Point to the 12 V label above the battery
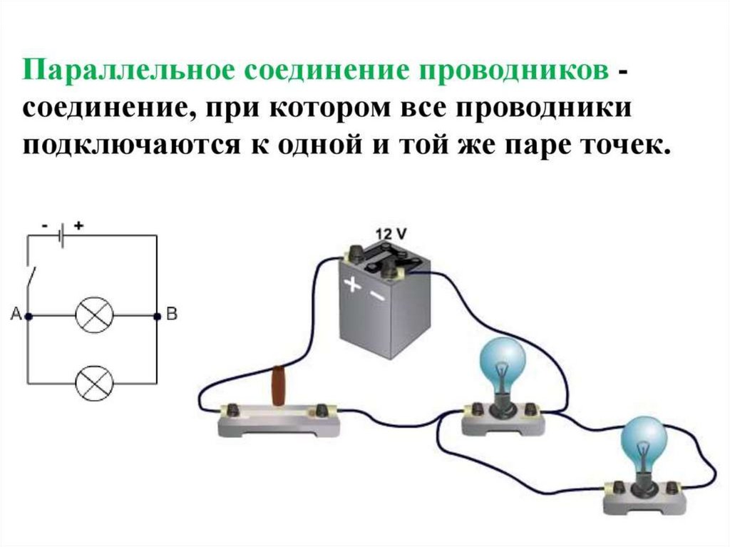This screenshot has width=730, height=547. [391, 234]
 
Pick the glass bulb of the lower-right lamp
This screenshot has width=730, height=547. [644, 443]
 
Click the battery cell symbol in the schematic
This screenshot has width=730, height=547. [62, 235]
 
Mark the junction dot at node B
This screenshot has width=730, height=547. [157, 315]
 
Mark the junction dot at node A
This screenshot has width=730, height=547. [28, 315]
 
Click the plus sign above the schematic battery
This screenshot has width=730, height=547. [78, 225]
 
